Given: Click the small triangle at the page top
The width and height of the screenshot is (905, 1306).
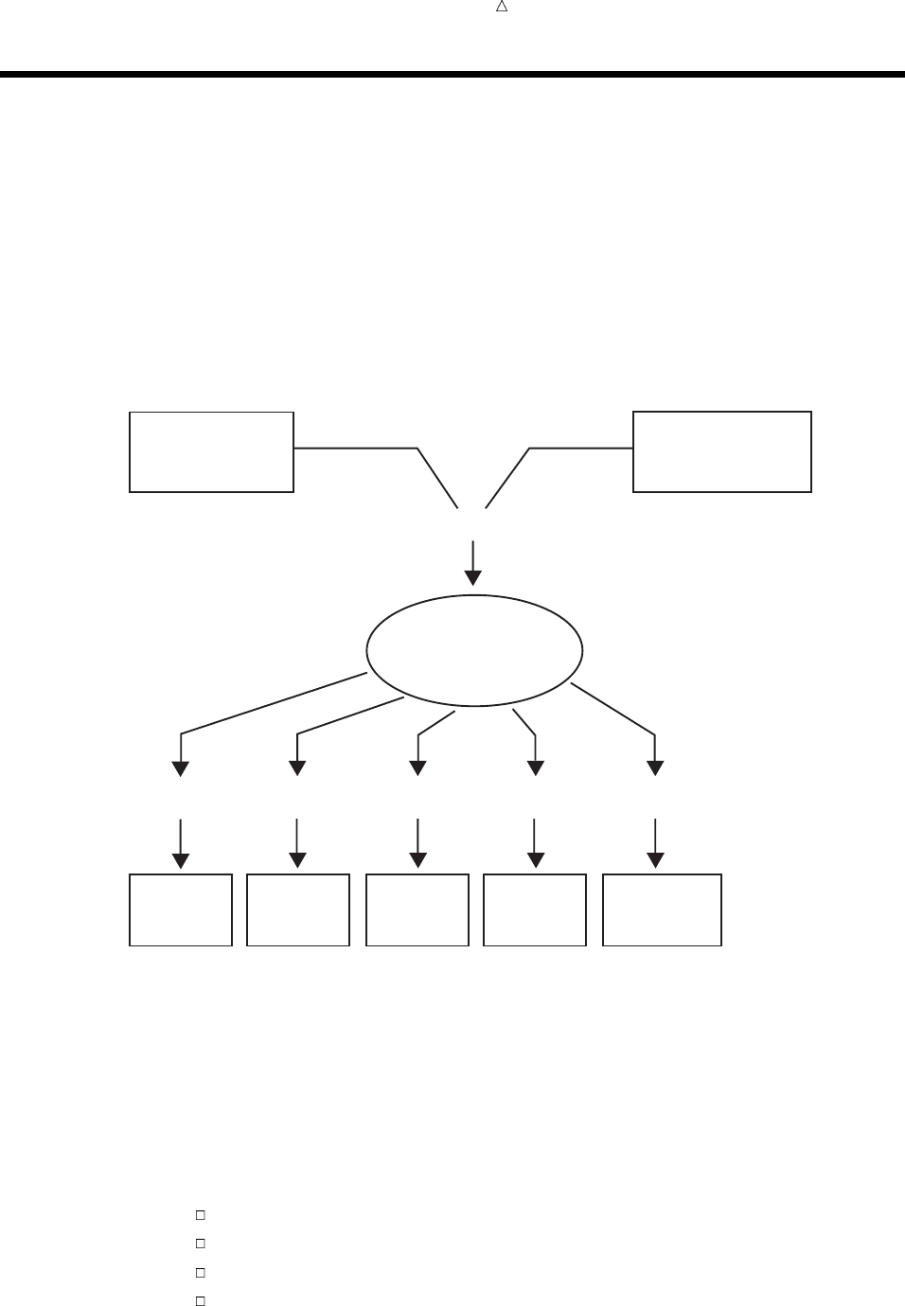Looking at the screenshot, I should (x=503, y=7).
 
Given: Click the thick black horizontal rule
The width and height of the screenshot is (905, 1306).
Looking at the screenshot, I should (x=452, y=74).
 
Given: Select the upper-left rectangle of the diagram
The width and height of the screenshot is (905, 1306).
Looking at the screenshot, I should (x=211, y=451).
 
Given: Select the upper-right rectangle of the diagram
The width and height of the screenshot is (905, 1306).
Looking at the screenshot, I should (x=721, y=451).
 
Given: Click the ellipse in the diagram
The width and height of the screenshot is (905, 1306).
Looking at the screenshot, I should (x=474, y=650).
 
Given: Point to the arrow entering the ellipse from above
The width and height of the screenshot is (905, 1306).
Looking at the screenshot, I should (x=472, y=563).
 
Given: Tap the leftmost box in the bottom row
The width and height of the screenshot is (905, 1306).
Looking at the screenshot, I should (x=181, y=909).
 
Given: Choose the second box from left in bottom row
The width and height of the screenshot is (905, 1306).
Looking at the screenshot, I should (x=298, y=909).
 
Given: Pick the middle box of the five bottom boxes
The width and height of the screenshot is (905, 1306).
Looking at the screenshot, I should (x=417, y=909).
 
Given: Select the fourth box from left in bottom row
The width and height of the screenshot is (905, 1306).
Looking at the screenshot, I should (x=535, y=909).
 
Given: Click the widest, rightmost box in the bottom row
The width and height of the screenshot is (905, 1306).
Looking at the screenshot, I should (x=662, y=909).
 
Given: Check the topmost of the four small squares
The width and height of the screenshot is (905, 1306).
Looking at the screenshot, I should (x=201, y=1214).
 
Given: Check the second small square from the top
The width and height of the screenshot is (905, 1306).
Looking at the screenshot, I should (x=201, y=1243).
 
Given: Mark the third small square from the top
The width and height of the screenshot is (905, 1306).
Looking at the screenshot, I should (x=201, y=1273).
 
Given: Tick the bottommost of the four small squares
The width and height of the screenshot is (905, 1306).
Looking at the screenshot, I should (x=201, y=1301).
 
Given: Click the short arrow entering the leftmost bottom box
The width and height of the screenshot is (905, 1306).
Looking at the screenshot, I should (x=181, y=842).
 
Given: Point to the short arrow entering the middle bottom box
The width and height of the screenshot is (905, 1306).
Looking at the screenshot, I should (x=417, y=842).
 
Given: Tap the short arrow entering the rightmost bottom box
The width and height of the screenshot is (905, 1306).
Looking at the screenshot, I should (x=655, y=842).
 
